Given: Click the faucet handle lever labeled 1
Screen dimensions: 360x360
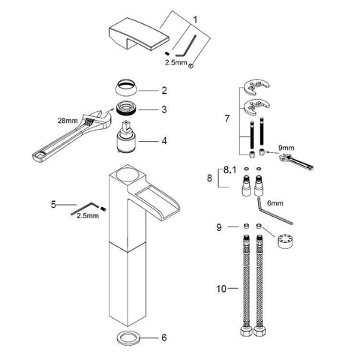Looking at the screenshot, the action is [x=139, y=34].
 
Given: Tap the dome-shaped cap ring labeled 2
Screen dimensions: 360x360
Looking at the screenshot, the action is [x=127, y=88].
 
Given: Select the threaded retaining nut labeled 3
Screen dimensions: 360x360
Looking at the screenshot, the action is [x=127, y=109].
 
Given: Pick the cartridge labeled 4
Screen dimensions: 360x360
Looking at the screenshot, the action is [x=127, y=136].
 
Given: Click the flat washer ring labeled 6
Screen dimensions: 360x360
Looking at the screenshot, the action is [x=128, y=337].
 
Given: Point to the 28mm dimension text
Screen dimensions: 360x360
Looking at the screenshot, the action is [x=67, y=121].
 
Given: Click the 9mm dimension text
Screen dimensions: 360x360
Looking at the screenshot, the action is [x=286, y=148].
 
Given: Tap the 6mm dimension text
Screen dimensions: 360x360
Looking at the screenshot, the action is [x=275, y=203].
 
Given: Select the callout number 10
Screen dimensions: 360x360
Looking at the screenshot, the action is [x=221, y=289].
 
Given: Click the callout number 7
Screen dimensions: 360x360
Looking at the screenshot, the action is [x=226, y=118].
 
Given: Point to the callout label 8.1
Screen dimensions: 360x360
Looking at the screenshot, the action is [x=229, y=170].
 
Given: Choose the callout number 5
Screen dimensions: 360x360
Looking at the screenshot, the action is [x=53, y=204].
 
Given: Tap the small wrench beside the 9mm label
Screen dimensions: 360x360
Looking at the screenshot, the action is [x=295, y=162].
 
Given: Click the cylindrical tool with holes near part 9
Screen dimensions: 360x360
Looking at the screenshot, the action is [x=285, y=241].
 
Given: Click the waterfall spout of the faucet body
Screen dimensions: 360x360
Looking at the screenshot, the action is [x=158, y=202].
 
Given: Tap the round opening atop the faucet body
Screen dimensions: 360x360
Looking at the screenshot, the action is [x=127, y=174].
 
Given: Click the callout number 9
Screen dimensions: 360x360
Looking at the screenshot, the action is [x=219, y=227].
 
